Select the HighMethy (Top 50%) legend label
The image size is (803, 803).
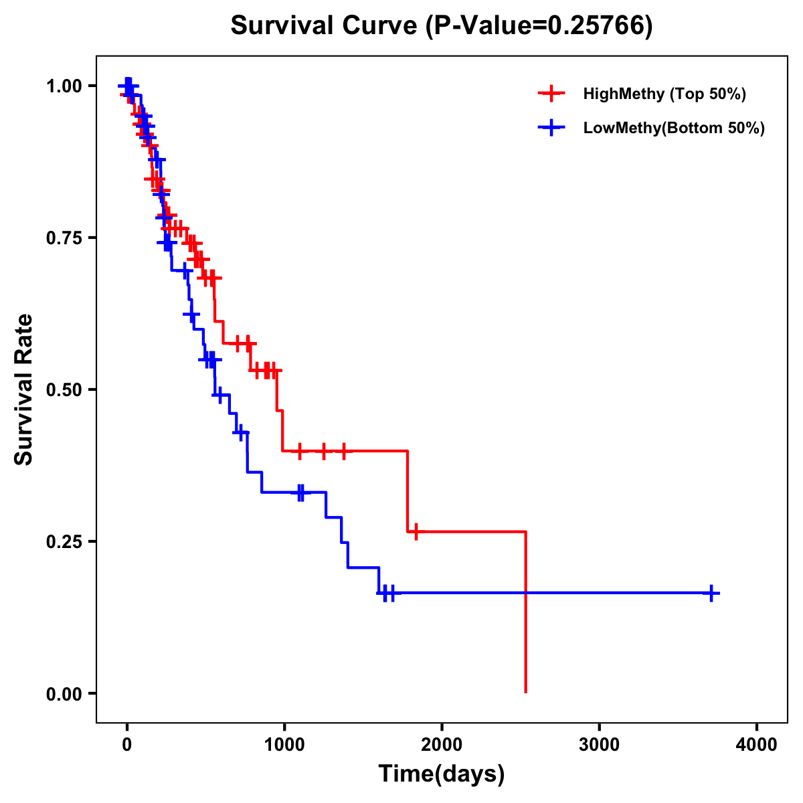click(664, 94)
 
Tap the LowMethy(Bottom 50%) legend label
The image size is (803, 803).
click(674, 128)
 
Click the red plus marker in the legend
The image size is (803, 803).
click(551, 94)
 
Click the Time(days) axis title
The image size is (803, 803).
click(441, 774)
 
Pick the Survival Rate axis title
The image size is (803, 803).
click(24, 389)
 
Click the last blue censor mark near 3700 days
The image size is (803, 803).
click(712, 593)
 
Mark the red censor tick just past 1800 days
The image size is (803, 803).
click(416, 532)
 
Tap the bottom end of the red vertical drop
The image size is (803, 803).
click(526, 691)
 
